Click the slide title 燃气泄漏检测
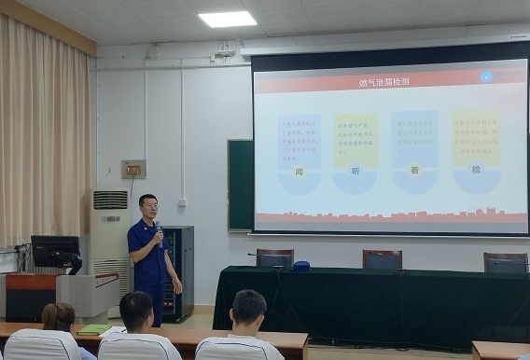click(x=384, y=83)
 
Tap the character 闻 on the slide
click(x=300, y=172)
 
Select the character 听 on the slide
click(x=356, y=172)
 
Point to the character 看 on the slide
click(x=414, y=171)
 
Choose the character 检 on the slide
click(x=475, y=170)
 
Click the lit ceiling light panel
click(x=228, y=19)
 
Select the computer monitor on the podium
click(x=55, y=251)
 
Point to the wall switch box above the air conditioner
click(x=133, y=170)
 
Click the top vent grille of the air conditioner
click(x=110, y=200)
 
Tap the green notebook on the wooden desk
click(x=93, y=329)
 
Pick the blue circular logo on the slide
click(x=486, y=76)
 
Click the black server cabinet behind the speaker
click(x=180, y=270)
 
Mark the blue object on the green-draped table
click(x=300, y=266)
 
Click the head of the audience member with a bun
click(x=59, y=316)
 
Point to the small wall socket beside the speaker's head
click(x=182, y=201)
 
